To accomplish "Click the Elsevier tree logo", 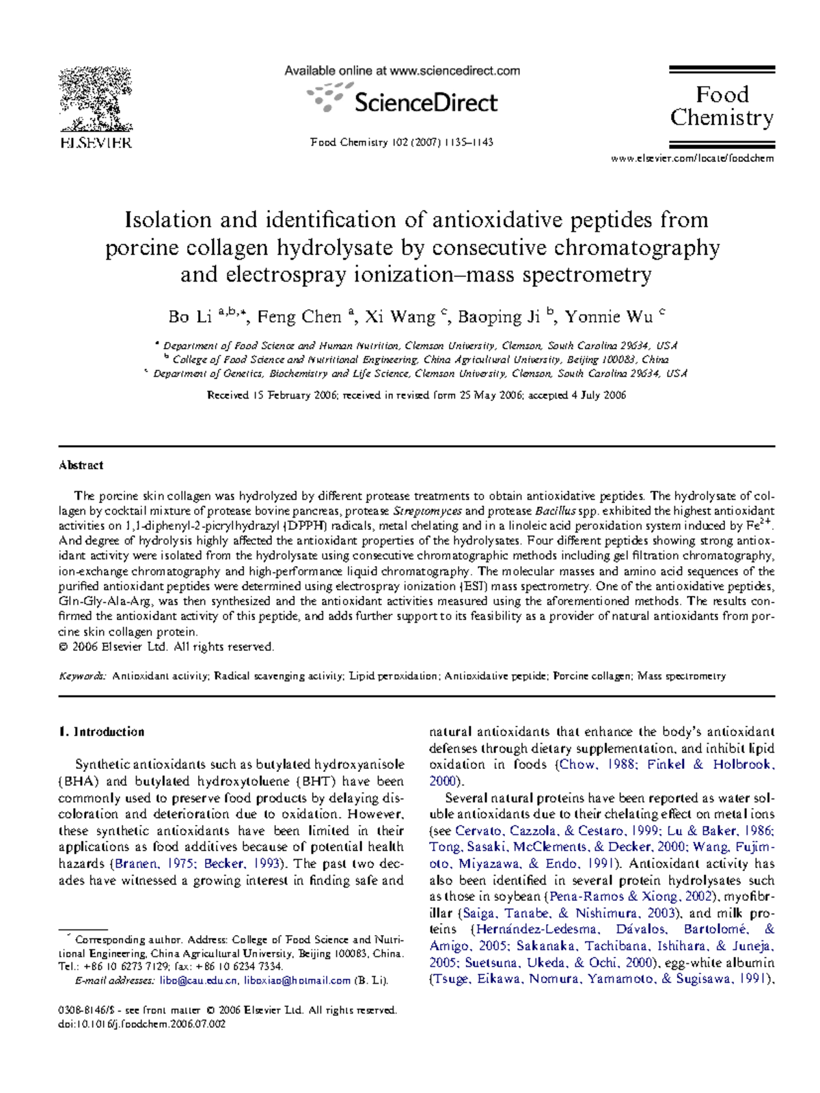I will (95, 100).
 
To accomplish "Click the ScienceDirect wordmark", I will (425, 103).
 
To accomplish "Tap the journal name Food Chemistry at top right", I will (722, 106).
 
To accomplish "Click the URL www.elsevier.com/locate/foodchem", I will (692, 159).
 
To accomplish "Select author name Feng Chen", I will (299, 317).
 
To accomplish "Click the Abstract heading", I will (81, 465).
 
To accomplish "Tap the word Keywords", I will (82, 676).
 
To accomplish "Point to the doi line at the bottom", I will (141, 1024).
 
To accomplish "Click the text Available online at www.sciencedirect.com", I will (402, 70).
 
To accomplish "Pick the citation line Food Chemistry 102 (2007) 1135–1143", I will (402, 142).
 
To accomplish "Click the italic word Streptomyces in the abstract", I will (427, 511).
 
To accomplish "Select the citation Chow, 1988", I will (597, 765).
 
